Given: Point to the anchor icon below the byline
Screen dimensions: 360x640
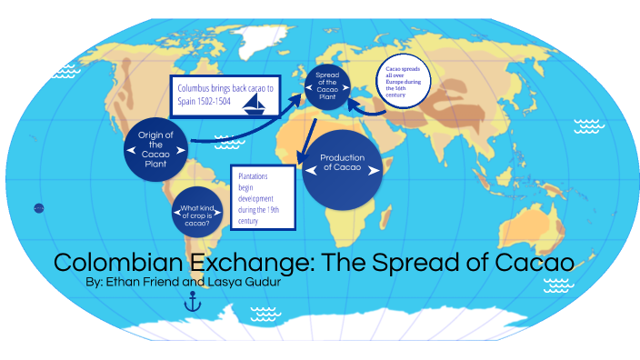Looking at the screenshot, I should pos(192,304).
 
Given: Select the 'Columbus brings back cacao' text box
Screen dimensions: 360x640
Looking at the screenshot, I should pos(224,94).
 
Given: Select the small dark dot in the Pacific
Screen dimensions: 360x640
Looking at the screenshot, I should pos(38,207).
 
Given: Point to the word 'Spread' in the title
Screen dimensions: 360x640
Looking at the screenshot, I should pos(422,263).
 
